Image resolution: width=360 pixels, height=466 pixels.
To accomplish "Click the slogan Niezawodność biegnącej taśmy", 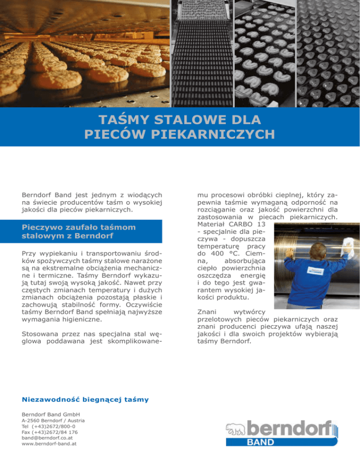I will (x=86, y=399).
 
